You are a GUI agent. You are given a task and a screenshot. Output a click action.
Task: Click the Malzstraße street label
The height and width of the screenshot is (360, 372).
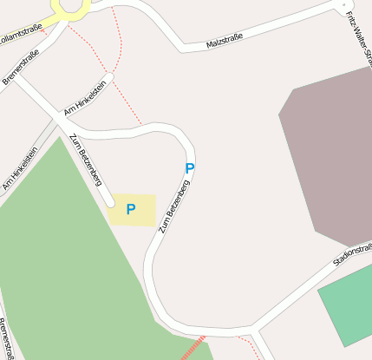pos(225,39)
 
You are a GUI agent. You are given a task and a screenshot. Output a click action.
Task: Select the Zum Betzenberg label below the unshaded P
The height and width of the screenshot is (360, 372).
pos(174,206)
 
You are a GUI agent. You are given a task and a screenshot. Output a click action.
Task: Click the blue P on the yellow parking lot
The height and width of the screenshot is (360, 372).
pos(131,209)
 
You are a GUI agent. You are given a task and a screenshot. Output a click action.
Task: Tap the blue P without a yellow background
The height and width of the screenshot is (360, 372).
pos(189,168)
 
